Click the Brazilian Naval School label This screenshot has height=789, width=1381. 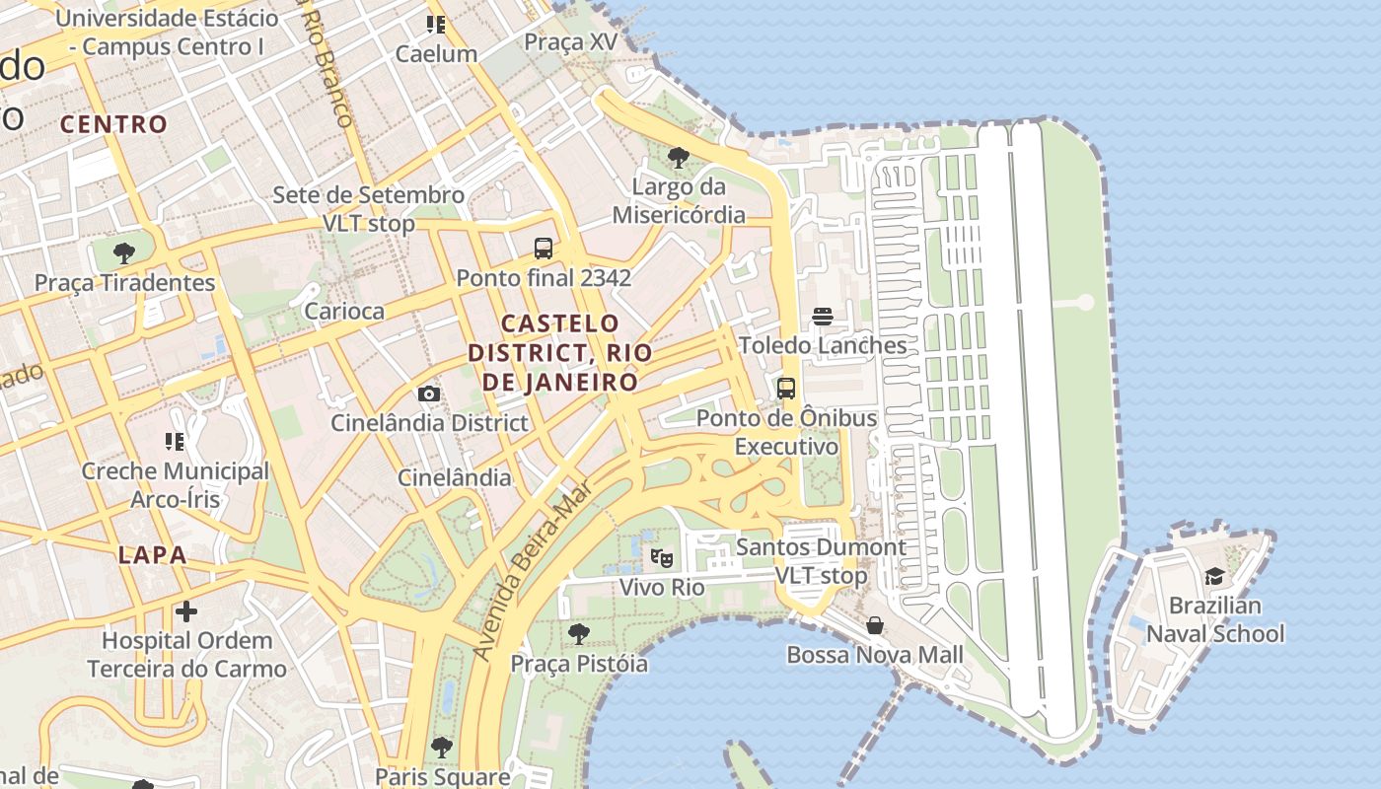coord(1215,619)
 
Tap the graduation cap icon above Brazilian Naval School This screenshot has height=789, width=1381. coord(1214,577)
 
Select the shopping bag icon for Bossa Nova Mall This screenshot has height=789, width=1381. coord(874,626)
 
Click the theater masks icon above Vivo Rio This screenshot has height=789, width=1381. coord(662,558)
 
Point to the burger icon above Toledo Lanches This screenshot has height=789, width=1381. coord(823,317)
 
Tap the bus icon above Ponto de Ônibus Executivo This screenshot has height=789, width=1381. coord(786,389)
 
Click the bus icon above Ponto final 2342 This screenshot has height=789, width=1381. coord(543,249)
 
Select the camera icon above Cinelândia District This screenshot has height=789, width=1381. coord(429,394)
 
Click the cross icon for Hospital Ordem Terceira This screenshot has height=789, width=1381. coord(186,612)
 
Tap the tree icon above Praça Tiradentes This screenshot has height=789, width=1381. coord(124,253)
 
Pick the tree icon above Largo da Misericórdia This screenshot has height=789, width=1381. coord(679,158)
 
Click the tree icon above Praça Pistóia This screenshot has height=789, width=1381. coord(579,634)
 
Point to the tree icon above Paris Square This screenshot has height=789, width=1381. coord(442,748)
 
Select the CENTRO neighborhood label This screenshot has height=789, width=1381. coord(113,124)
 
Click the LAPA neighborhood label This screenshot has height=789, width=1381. coord(153,554)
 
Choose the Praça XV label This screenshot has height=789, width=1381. coord(570,41)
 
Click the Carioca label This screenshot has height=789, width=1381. coord(344,311)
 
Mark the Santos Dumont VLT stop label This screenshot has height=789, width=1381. coord(821,561)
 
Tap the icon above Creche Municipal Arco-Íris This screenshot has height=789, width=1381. coord(175,442)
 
